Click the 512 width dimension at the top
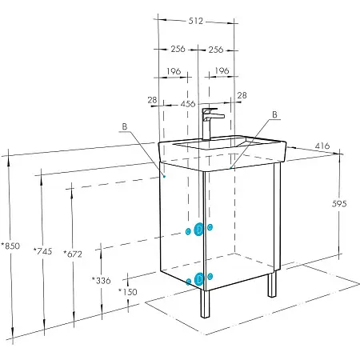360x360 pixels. coord(196,21)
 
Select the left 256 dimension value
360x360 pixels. coord(178,49)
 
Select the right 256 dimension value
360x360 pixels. coord(216,50)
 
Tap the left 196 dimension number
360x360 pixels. coord(174,71)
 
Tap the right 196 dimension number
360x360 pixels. coord(222,70)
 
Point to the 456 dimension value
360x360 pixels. coord(188,104)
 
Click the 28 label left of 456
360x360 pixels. coord(152,100)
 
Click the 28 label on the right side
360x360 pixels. coord(242,95)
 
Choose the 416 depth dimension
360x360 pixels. coord(322,146)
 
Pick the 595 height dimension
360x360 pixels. coord(339,204)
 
